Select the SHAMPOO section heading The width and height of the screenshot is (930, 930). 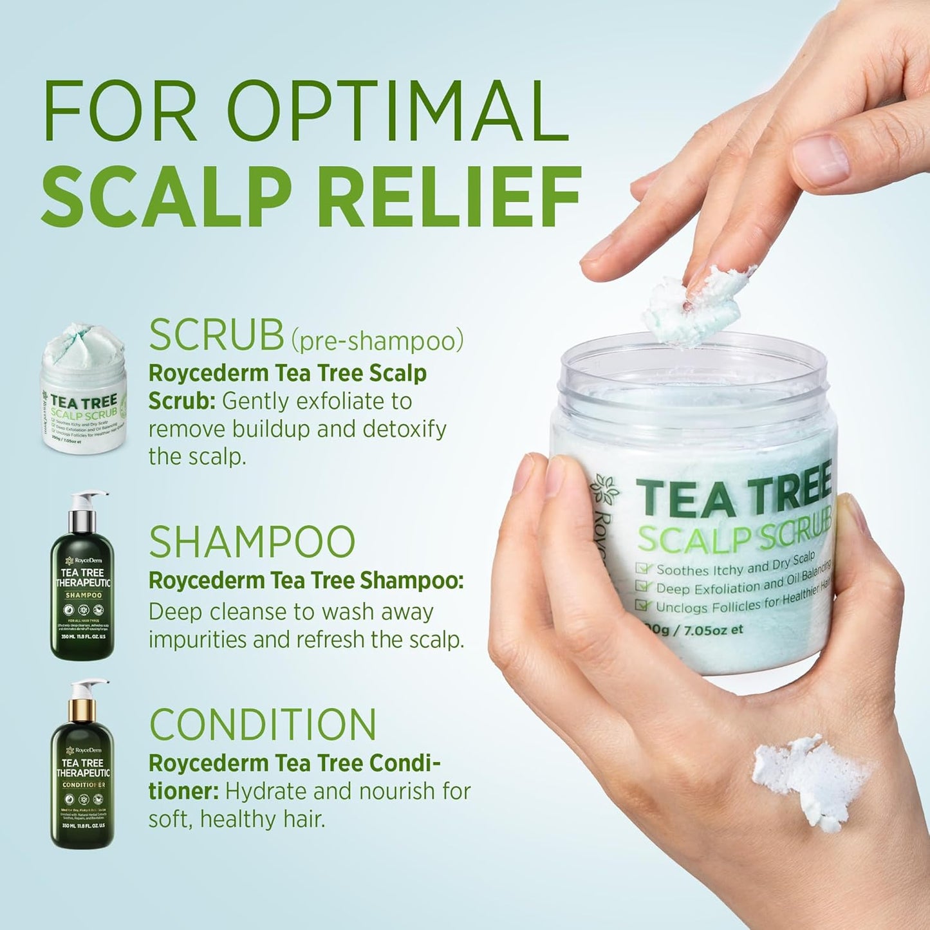tap(252, 543)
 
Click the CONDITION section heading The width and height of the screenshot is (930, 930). tap(263, 725)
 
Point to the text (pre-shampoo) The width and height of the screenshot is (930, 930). tap(377, 340)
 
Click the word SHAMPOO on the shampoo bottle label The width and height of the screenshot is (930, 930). tap(83, 595)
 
